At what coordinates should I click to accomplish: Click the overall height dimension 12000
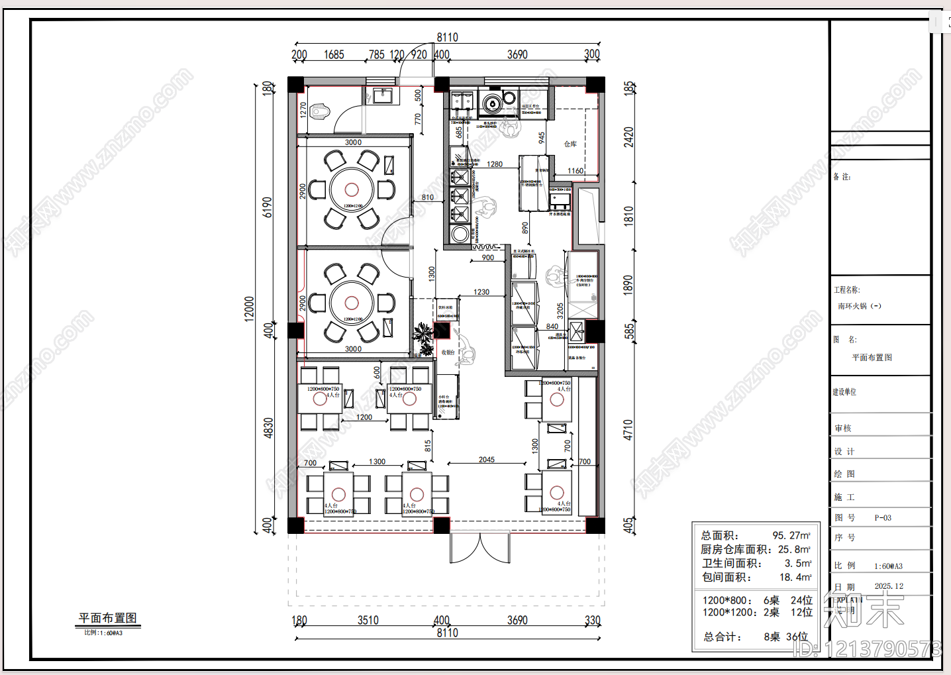click(249, 309)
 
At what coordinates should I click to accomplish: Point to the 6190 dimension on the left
click(267, 207)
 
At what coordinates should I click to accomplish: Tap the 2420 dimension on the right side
click(628, 137)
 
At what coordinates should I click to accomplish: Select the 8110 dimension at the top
click(447, 38)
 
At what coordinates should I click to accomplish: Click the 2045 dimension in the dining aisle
click(487, 459)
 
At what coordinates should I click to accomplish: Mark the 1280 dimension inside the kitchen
click(495, 164)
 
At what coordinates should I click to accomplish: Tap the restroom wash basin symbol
click(383, 96)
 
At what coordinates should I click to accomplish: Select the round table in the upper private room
click(351, 189)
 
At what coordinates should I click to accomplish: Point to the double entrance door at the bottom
click(479, 548)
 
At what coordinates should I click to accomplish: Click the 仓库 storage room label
click(570, 144)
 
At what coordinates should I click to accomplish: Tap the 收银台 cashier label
click(448, 352)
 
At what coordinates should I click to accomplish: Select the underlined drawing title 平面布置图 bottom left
click(107, 617)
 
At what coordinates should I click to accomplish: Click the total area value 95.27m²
click(791, 535)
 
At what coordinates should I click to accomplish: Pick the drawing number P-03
click(883, 518)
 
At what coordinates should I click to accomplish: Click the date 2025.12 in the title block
click(889, 586)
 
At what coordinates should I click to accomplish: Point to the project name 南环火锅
click(859, 306)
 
